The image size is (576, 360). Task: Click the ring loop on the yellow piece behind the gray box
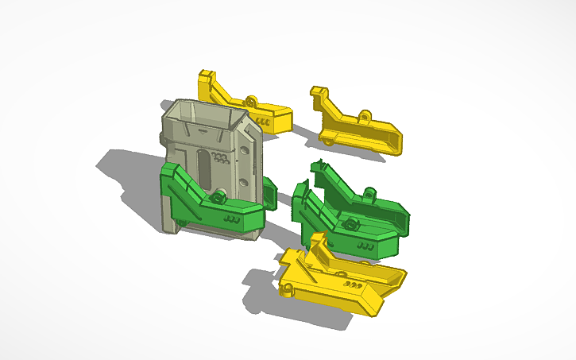pos(252,101)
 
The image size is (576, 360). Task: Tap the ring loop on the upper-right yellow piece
pos(365,116)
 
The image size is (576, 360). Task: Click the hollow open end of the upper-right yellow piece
pos(395,142)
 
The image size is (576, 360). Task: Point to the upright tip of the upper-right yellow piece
pos(318,91)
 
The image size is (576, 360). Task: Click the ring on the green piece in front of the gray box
pos(216,195)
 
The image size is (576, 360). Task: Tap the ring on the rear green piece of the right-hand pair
pos(369,192)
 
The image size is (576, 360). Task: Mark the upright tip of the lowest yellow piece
pos(319,238)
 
